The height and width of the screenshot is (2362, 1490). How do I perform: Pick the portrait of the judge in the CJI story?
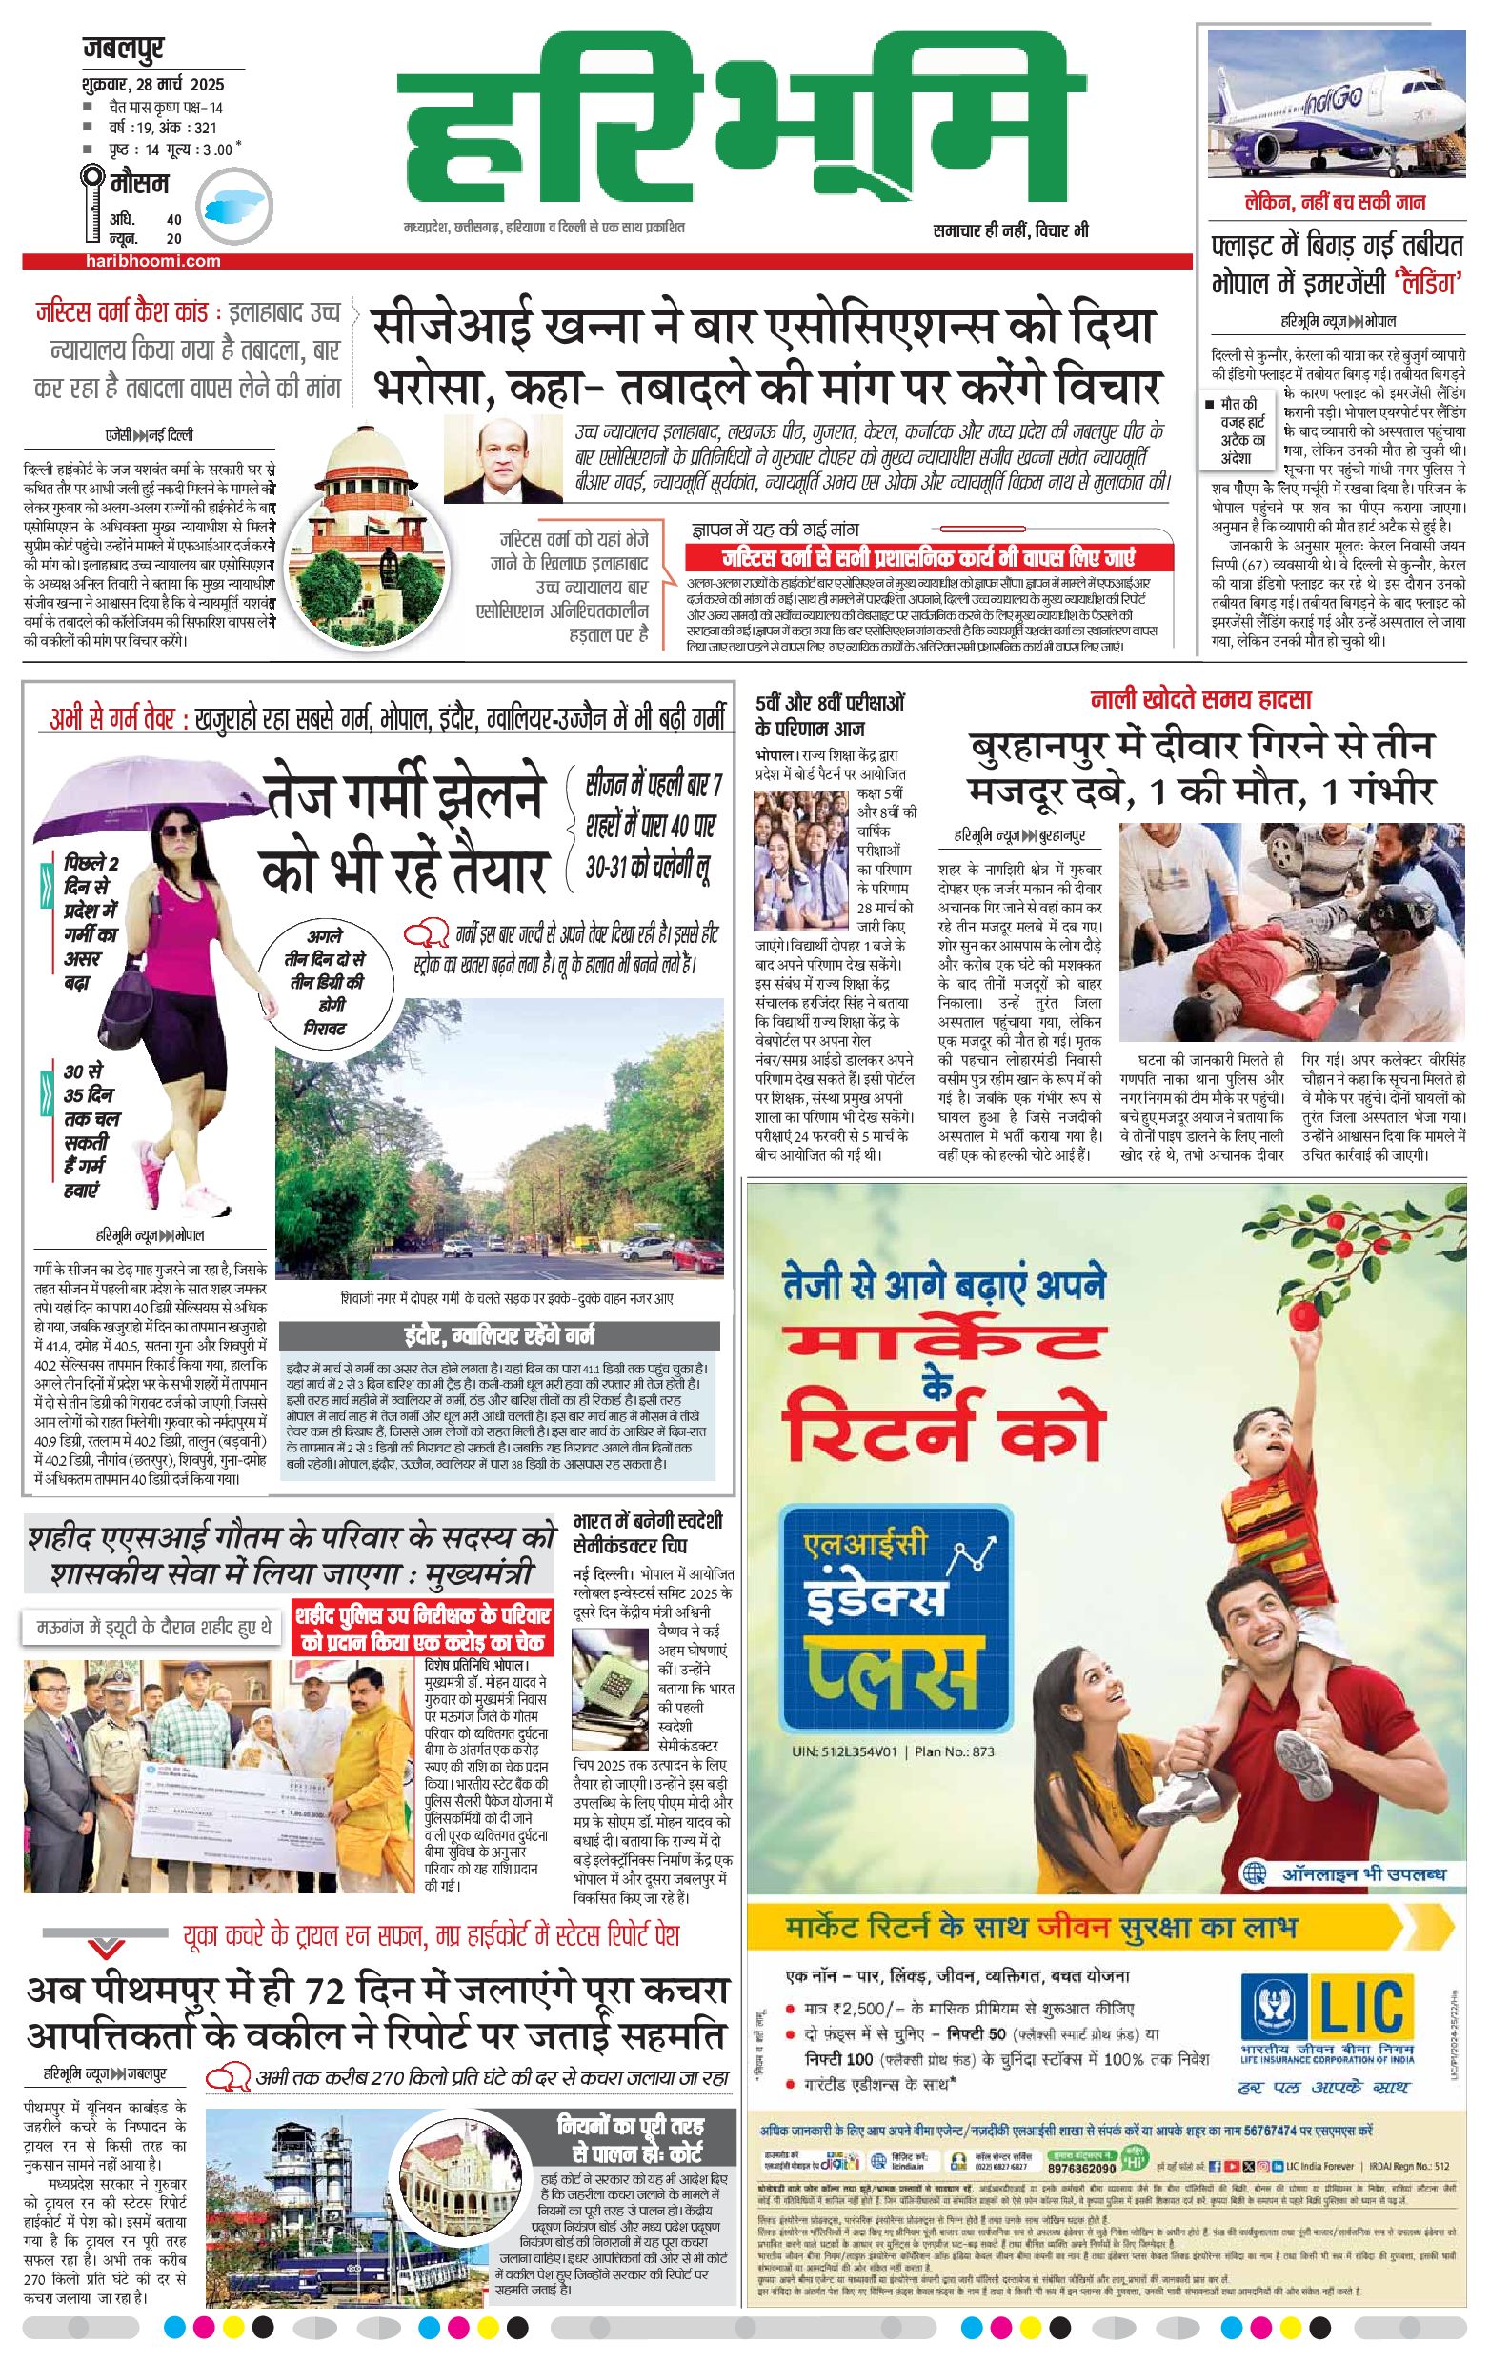506,458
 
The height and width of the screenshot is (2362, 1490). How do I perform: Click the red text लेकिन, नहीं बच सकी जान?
1335,203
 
